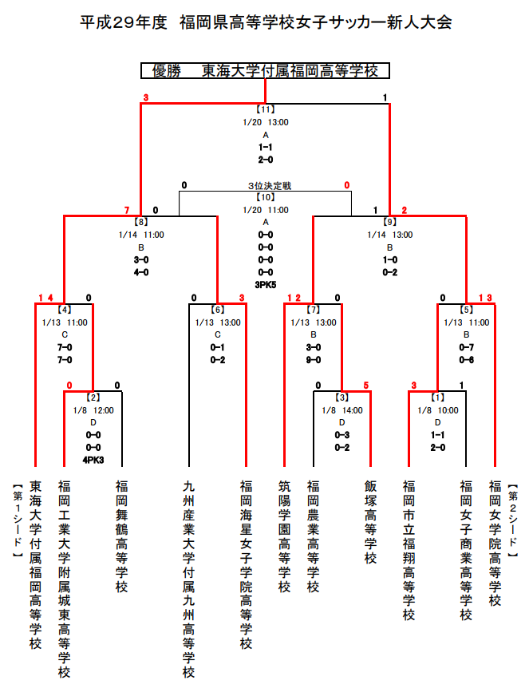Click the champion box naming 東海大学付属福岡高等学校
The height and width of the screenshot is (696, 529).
click(265, 70)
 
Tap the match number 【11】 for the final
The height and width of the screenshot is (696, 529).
click(266, 109)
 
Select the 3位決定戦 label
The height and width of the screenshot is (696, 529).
click(270, 185)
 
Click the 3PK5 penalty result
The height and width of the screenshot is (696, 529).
click(266, 285)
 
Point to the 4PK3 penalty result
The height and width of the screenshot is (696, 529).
click(93, 461)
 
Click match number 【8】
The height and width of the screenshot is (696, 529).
click(140, 222)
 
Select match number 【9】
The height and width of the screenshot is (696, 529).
click(389, 222)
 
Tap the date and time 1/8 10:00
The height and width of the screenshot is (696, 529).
click(437, 410)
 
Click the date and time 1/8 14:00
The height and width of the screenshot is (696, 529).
click(341, 410)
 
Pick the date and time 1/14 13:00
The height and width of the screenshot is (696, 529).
click(389, 235)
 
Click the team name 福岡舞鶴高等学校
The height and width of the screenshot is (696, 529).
click(121, 536)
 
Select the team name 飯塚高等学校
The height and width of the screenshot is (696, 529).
click(370, 522)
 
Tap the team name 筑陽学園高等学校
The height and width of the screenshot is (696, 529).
click(285, 536)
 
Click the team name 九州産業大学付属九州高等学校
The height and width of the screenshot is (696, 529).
click(188, 579)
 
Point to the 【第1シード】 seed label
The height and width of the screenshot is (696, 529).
click(18, 521)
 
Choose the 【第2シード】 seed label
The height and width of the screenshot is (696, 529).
click(512, 521)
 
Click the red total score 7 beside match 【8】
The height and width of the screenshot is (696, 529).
click(127, 210)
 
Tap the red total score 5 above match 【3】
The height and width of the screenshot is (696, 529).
click(365, 386)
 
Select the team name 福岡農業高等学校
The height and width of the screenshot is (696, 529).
click(313, 536)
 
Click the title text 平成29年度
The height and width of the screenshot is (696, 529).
click(124, 22)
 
